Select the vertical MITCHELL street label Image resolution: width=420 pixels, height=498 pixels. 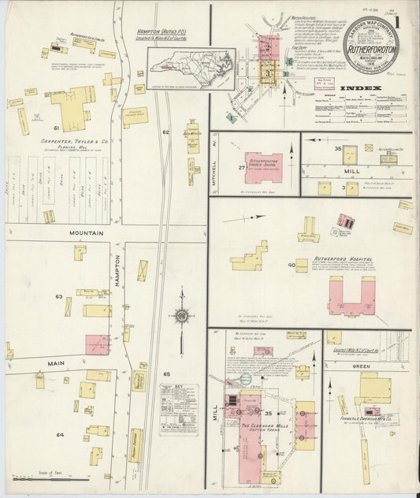point(215,164)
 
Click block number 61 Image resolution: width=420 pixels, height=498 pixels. point(57,127)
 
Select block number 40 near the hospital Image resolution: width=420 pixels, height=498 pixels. point(292,266)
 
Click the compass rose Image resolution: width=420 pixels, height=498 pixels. point(181,317)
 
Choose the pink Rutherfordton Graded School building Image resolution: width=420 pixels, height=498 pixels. point(263,167)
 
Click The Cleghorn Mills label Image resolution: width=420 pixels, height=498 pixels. point(250,425)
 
